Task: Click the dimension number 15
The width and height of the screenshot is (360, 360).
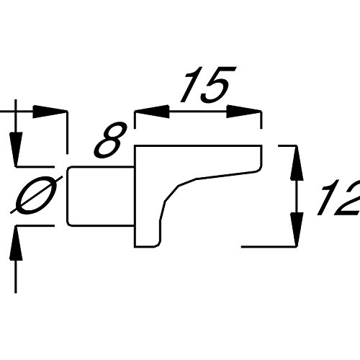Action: pos(208,84)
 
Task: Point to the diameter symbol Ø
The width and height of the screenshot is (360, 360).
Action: pos(37,194)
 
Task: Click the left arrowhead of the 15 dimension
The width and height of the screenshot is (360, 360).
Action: pos(152,112)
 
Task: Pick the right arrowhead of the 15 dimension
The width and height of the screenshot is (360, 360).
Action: pos(244,112)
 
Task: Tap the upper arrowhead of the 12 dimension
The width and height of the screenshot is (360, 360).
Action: pos(297,163)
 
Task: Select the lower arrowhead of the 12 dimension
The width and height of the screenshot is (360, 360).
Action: pos(297,229)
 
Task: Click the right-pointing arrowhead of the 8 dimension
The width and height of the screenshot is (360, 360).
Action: pos(50,112)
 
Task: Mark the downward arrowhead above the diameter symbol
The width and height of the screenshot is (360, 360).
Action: pos(16,149)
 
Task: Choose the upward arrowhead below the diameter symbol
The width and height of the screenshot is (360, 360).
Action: pos(16,243)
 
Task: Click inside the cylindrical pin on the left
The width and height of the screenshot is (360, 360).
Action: pos(101,197)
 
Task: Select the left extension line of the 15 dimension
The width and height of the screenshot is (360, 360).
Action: pos(135,120)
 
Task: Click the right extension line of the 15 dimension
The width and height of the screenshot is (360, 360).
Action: pos(261,120)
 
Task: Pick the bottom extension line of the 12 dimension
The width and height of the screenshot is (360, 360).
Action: pos(269,246)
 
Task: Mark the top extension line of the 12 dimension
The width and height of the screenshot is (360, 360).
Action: pos(287,145)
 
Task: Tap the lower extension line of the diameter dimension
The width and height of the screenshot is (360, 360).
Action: pos(35,225)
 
